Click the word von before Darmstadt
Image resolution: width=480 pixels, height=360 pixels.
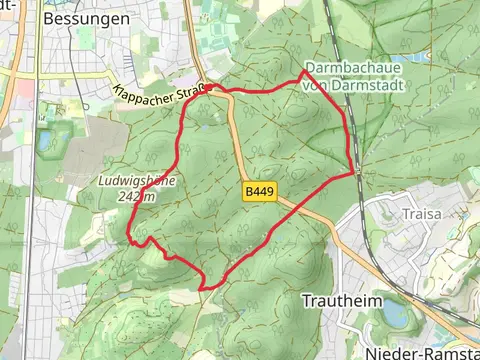point(317,82)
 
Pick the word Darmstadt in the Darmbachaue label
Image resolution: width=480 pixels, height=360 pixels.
point(358,82)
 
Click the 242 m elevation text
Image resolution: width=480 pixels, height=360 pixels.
point(136,197)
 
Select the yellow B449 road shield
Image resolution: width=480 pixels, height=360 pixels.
point(258,190)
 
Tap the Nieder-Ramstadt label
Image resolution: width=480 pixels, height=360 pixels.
point(420,352)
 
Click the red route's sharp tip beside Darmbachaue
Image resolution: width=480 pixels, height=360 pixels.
point(304,72)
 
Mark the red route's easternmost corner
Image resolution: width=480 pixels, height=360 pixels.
point(354,172)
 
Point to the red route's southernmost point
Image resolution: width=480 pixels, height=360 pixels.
point(203,288)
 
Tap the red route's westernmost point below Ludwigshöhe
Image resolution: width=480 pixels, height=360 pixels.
point(129,237)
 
